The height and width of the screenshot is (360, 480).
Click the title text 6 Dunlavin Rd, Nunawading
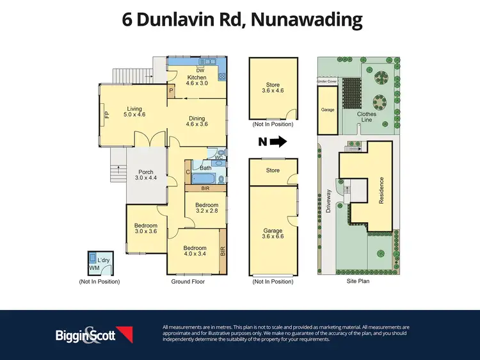tap(242, 20)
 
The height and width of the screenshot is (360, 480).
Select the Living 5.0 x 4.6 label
tap(134, 111)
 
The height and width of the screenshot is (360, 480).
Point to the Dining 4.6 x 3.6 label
tap(196, 121)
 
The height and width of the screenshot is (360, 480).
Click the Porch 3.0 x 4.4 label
tap(146, 175)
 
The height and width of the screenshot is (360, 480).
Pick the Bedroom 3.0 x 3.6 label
tap(145, 228)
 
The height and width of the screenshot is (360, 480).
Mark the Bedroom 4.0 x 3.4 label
tap(195, 251)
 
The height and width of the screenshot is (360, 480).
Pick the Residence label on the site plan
tap(382, 190)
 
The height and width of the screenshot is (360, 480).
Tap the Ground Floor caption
tap(188, 281)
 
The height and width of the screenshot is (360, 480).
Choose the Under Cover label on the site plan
tap(328, 82)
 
